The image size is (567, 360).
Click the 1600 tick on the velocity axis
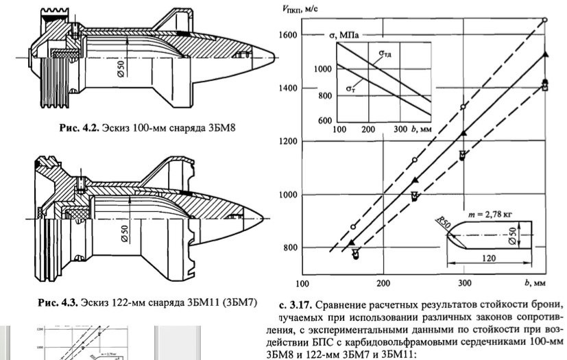click(x=288, y=35)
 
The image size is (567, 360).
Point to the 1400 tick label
click(x=288, y=88)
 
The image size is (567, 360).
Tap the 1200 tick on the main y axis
click(x=288, y=142)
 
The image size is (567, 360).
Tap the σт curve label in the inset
click(x=351, y=88)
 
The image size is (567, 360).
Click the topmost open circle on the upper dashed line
click(x=545, y=21)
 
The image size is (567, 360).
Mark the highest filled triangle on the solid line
click(x=545, y=53)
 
